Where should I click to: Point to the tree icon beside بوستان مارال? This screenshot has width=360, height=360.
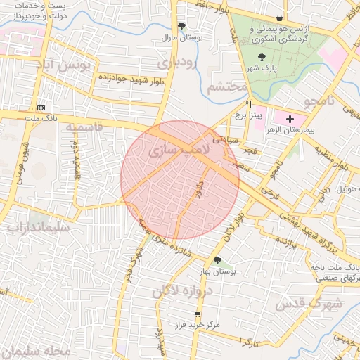182,27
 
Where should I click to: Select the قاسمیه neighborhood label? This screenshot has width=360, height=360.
84,127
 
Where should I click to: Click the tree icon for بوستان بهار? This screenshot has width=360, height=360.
217,260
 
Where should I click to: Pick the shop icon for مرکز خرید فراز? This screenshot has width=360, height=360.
198,314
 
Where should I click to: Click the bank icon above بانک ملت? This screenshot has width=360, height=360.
40,107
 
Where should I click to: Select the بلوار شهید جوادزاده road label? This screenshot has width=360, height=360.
131,79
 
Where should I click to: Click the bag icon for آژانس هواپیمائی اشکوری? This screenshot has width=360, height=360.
280,18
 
